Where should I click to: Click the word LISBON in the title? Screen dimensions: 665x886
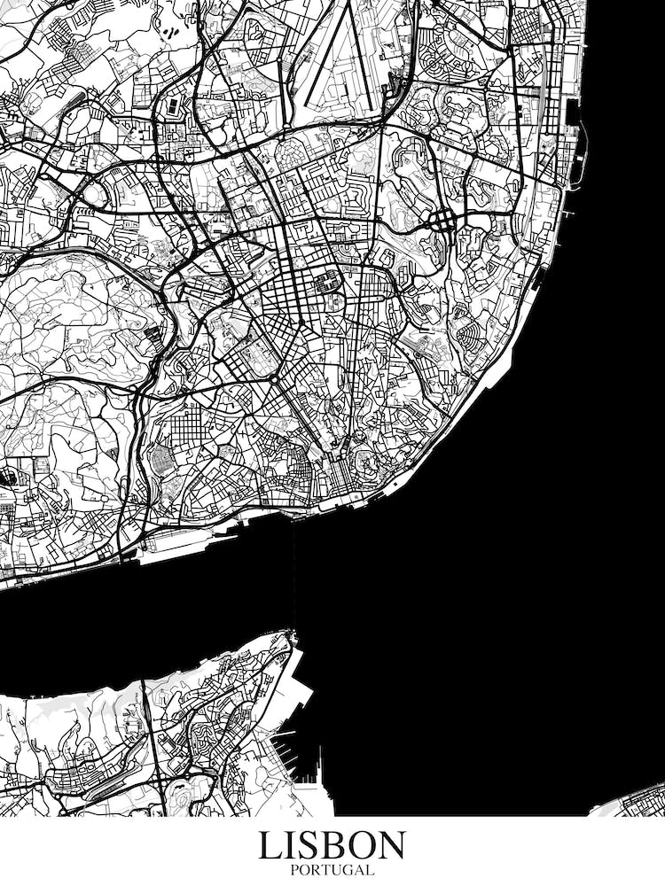[x=332, y=845]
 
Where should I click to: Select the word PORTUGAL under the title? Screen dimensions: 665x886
[x=332, y=870]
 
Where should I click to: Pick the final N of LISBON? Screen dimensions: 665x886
[x=391, y=845]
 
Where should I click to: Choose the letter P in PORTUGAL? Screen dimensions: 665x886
[x=294, y=870]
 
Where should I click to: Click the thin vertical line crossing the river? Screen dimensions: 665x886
[x=293, y=576]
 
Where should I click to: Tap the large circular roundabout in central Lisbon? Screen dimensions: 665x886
[x=274, y=379]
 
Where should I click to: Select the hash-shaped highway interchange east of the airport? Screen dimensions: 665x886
[x=441, y=219]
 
